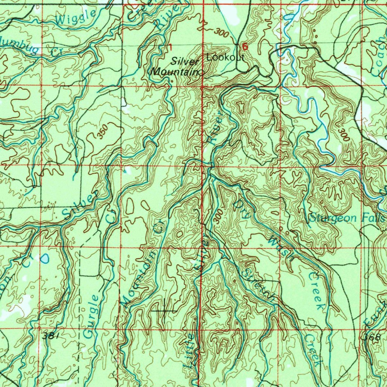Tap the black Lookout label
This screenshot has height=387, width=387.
point(226,57)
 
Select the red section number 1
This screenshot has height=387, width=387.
point(170,48)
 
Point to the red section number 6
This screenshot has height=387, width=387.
point(245,47)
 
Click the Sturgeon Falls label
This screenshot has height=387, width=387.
point(347,218)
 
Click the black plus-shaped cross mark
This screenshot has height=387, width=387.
point(164,310)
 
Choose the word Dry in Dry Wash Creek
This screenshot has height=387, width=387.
point(241,210)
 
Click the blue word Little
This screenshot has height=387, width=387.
point(189,351)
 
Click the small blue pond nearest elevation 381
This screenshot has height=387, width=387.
point(45,259)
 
